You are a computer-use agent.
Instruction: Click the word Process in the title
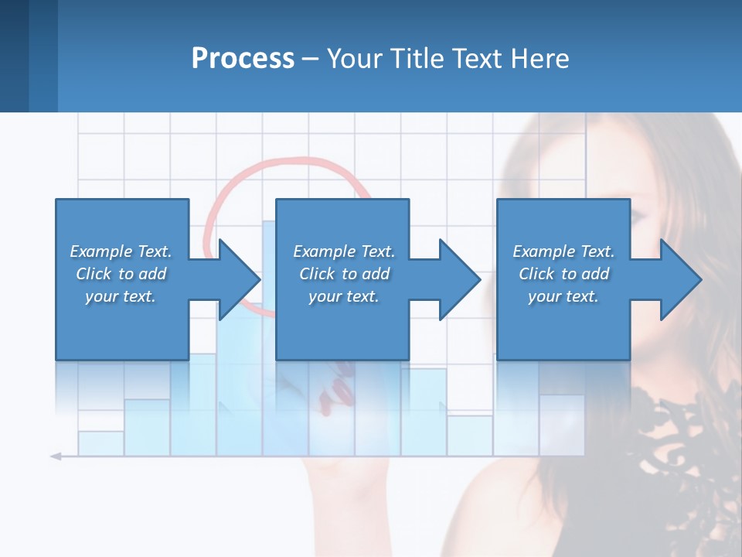click(x=243, y=58)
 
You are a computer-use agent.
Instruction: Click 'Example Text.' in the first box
click(x=121, y=251)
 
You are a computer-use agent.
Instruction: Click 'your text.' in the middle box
click(x=343, y=296)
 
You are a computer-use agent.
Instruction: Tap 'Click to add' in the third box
click(x=563, y=274)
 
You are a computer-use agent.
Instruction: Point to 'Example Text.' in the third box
click(x=563, y=251)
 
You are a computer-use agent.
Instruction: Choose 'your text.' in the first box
click(x=121, y=296)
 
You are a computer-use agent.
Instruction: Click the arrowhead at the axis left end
click(x=56, y=456)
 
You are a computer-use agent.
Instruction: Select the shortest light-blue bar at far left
click(x=100, y=443)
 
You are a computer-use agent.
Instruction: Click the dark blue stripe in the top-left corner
click(x=14, y=56)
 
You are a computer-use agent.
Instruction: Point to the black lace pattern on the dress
click(x=680, y=433)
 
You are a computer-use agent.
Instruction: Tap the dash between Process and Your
click(x=311, y=59)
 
